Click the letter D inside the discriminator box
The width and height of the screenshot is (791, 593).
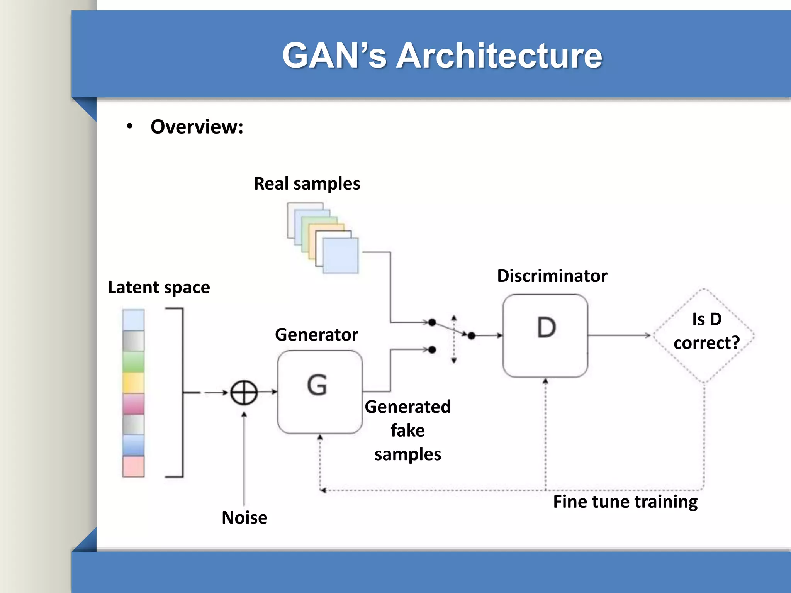(x=547, y=328)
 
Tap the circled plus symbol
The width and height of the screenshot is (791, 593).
(x=244, y=393)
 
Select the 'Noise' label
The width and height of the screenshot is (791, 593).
(x=244, y=517)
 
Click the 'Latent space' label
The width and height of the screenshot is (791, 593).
(x=159, y=287)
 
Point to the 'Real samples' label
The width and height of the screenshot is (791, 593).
(x=307, y=183)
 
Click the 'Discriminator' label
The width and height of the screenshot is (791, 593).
(x=552, y=276)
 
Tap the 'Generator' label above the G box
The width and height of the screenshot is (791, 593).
(x=317, y=334)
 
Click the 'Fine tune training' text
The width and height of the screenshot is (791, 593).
(x=625, y=502)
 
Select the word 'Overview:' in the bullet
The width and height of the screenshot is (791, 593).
(x=197, y=127)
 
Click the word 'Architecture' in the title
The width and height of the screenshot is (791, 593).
(x=499, y=56)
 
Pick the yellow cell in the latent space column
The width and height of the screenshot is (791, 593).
(x=133, y=383)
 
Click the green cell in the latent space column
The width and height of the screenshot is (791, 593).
(x=133, y=362)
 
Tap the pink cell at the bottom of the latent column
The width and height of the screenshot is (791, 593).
(x=133, y=466)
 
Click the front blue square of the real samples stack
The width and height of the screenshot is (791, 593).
(x=340, y=256)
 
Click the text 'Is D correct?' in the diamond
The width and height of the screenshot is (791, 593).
(x=706, y=331)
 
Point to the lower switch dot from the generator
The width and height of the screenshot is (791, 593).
(x=432, y=350)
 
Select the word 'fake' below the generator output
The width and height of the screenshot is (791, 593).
(x=407, y=430)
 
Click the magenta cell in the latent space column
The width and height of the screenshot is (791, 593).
(x=133, y=403)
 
